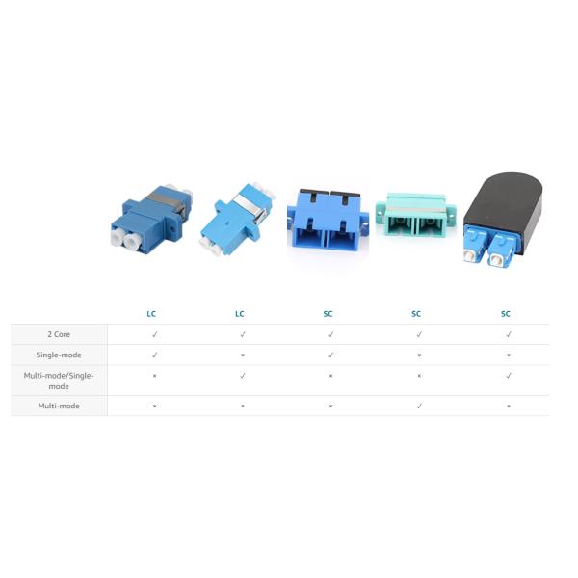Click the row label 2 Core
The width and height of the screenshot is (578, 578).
(x=59, y=334)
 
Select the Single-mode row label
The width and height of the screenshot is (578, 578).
(x=59, y=355)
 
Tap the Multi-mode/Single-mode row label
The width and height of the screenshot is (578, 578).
(x=59, y=381)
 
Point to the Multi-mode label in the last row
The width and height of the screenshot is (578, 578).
(x=59, y=406)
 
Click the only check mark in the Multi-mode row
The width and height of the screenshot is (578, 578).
(x=419, y=406)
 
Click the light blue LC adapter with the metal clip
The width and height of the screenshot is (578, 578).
(x=237, y=220)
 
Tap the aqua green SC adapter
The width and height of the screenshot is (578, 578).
(x=416, y=215)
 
